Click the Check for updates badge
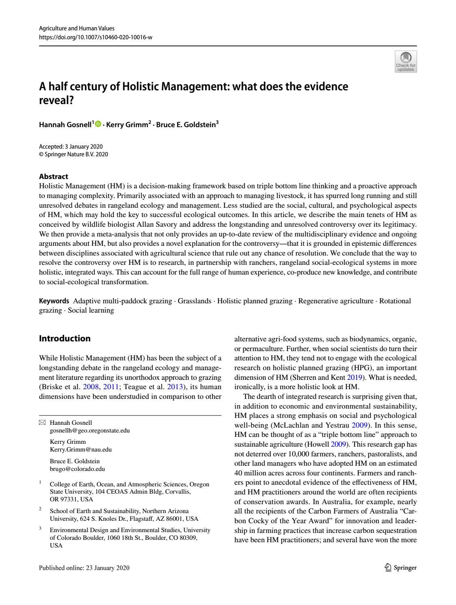pyautogui.click(x=406, y=62)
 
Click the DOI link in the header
pyautogui.click(x=96, y=37)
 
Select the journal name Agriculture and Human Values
pyautogui.click(x=77, y=28)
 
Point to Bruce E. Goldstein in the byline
pyautogui.click(x=186, y=125)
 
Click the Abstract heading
pyautogui.click(x=54, y=177)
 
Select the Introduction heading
pyautogui.click(x=64, y=339)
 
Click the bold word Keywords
pyautogui.click(x=54, y=301)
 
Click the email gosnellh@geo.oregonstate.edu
pyautogui.click(x=90, y=430)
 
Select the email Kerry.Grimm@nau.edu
pyautogui.click(x=81, y=449)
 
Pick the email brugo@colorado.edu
pyautogui.click(x=77, y=469)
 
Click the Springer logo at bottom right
pyautogui.click(x=400, y=568)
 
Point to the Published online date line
pyautogui.click(x=84, y=568)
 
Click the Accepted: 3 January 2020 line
pyautogui.click(x=71, y=147)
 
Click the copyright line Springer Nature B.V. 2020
pyautogui.click(x=73, y=154)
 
